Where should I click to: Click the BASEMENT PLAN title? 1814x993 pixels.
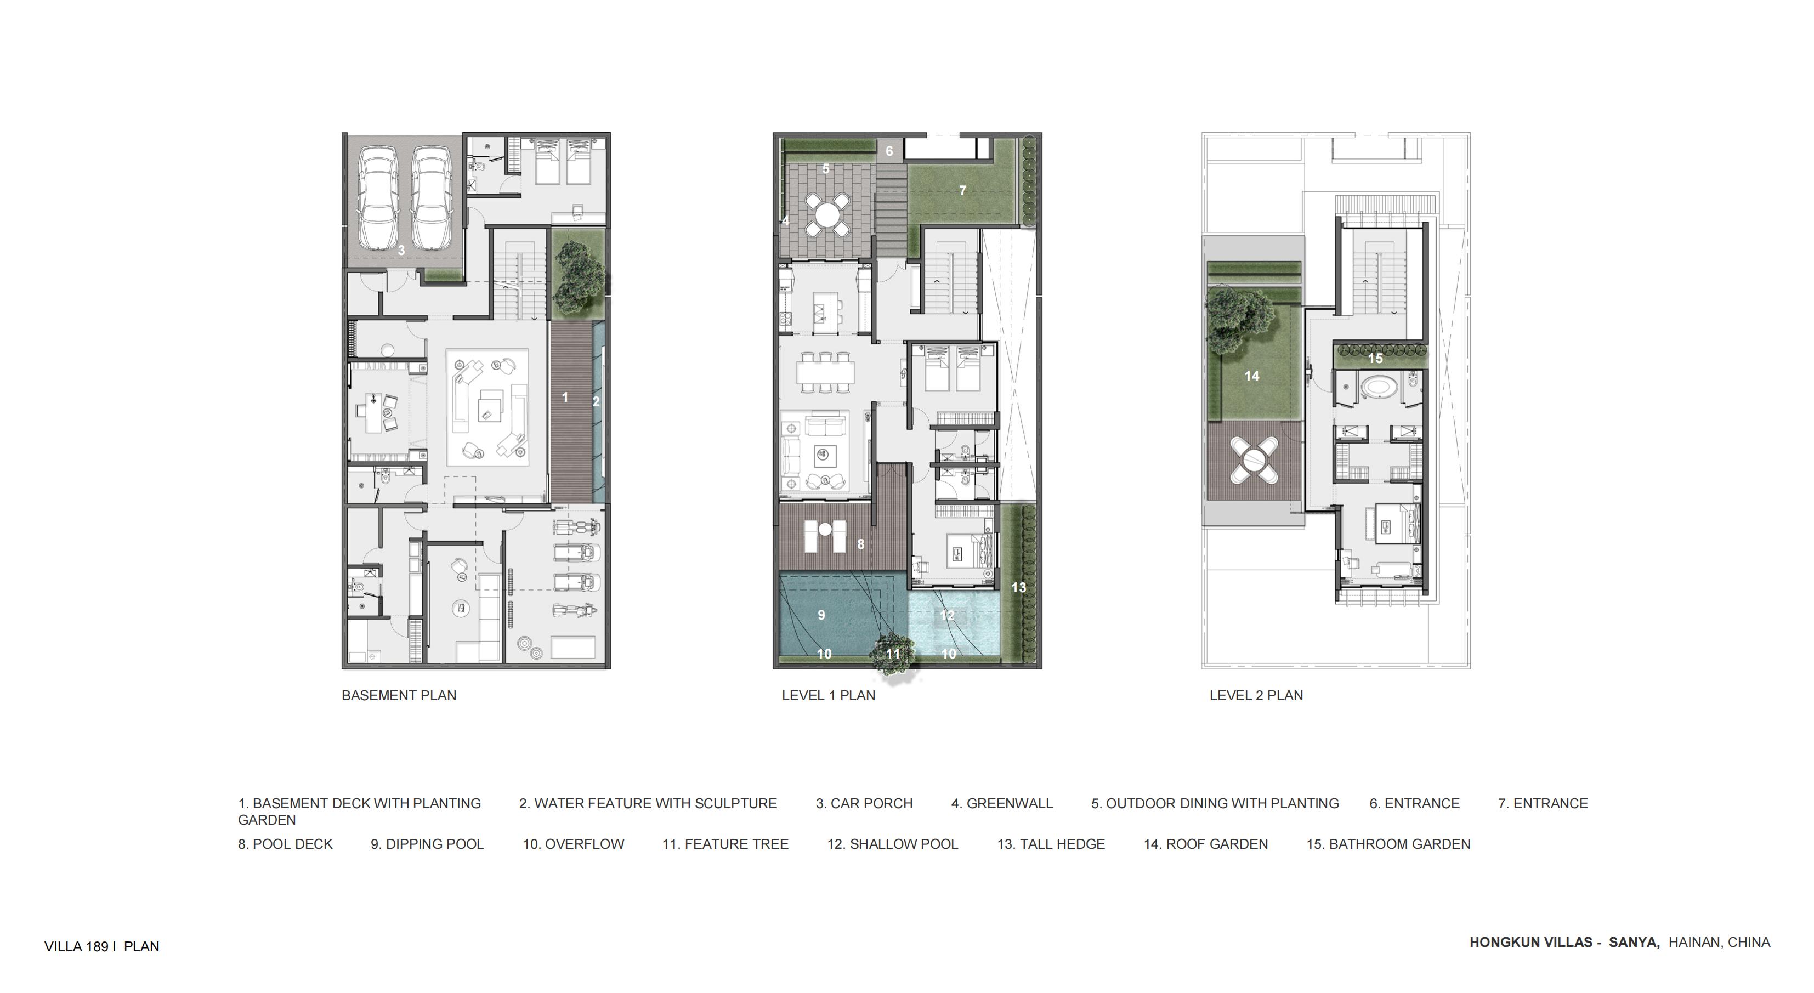click(x=399, y=696)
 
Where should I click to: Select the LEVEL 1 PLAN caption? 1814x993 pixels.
click(x=828, y=696)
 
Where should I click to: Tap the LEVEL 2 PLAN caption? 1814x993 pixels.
click(x=1256, y=696)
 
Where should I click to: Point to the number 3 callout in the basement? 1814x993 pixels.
click(x=401, y=250)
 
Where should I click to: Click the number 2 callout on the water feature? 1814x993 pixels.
click(x=596, y=402)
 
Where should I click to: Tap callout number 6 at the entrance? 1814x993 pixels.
click(x=889, y=151)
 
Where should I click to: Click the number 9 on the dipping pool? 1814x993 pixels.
click(x=821, y=615)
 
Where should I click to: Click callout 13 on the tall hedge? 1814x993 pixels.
click(x=1018, y=587)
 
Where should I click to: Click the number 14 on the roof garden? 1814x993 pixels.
click(x=1251, y=376)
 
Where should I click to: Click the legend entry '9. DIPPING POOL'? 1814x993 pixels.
click(x=427, y=844)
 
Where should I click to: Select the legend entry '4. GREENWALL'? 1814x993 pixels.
click(x=1002, y=803)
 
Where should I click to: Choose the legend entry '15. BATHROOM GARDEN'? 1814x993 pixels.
click(x=1388, y=844)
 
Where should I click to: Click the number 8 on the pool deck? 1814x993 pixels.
click(x=860, y=544)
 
